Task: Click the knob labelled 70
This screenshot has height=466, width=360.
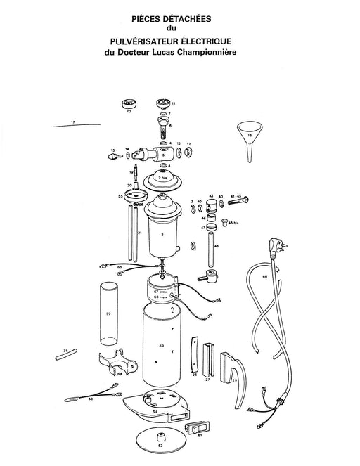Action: coord(128,103)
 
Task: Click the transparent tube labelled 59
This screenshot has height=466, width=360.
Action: coord(108,313)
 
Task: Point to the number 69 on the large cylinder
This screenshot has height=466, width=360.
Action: coord(161,347)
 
